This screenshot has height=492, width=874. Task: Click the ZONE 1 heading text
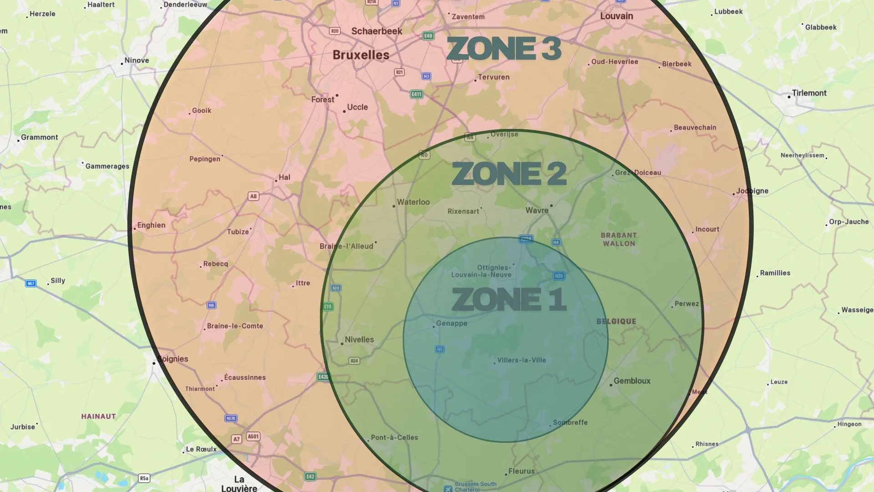click(509, 299)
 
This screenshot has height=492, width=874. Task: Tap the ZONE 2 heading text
click(509, 174)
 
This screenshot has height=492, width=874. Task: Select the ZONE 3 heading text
click(504, 48)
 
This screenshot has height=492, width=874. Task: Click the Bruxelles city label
click(361, 55)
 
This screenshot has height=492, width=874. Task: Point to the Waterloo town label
click(413, 202)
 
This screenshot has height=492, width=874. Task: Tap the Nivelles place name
click(359, 339)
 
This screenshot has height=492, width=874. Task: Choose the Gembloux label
click(632, 381)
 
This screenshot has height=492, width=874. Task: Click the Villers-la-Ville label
click(521, 360)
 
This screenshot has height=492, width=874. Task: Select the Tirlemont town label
click(809, 93)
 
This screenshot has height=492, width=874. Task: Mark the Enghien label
click(151, 225)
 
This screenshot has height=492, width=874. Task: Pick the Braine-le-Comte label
click(235, 326)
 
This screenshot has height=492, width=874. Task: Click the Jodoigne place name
click(752, 191)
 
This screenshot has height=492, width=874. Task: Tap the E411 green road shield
click(417, 94)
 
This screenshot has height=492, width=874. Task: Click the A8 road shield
click(253, 196)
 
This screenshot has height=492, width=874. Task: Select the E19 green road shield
click(328, 307)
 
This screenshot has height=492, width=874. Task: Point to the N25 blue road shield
click(559, 276)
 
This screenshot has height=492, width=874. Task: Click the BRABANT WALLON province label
click(619, 239)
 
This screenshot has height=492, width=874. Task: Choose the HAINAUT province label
click(98, 416)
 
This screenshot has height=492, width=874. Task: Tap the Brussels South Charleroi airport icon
click(448, 488)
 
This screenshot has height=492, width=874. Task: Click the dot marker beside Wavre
click(551, 205)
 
